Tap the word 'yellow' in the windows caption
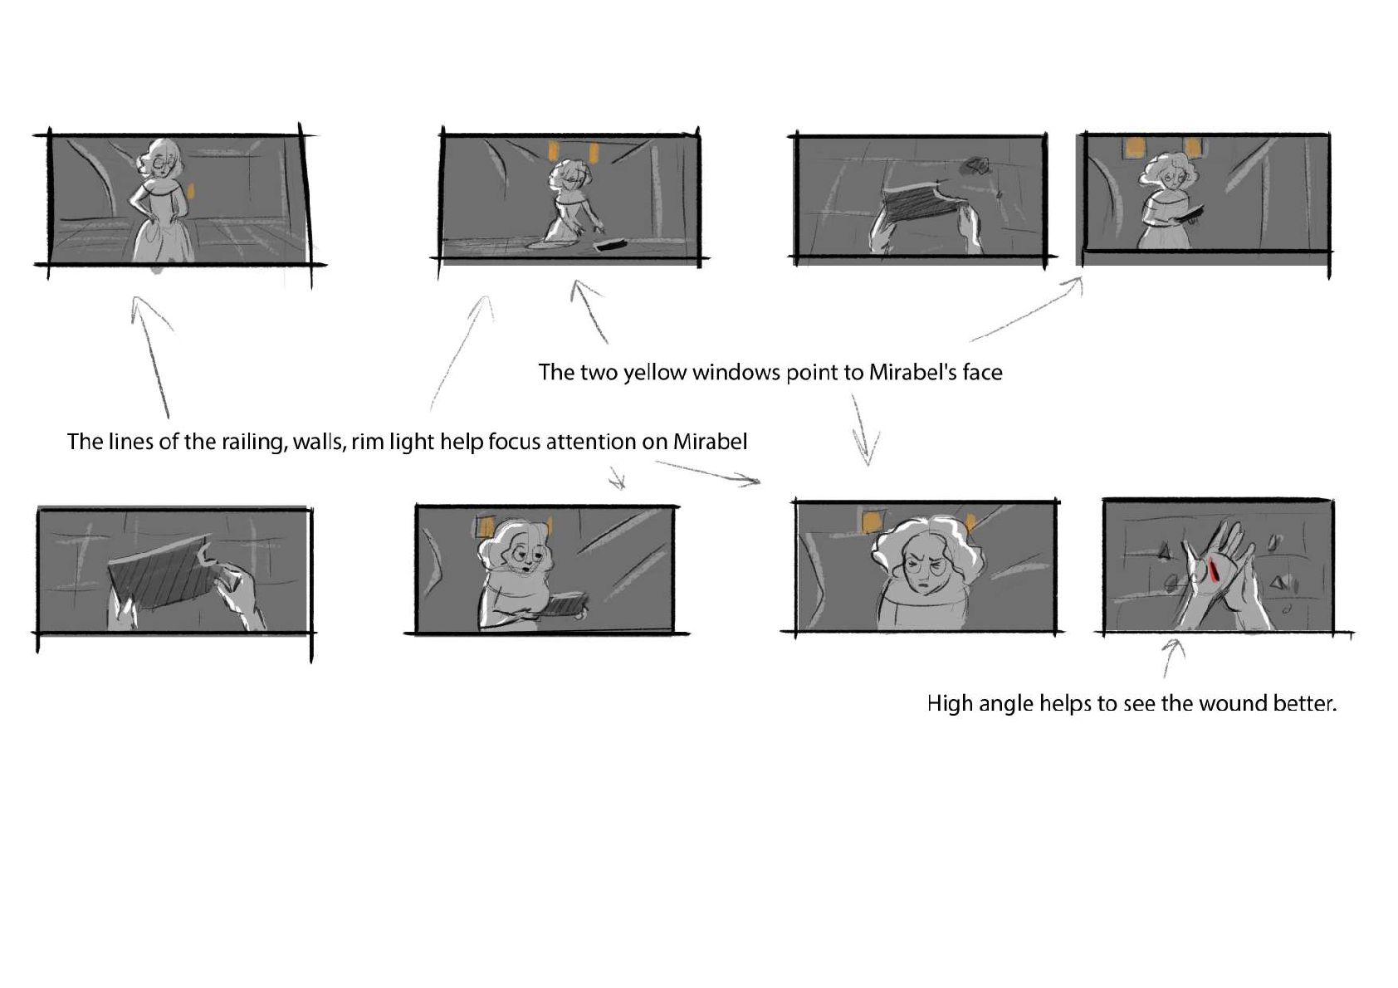click(x=655, y=373)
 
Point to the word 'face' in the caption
click(x=982, y=373)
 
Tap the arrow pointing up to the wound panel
click(x=1171, y=658)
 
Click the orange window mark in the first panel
click(x=193, y=191)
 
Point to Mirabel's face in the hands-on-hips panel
click(x=164, y=162)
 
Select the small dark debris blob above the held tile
click(x=976, y=165)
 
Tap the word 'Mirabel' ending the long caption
click(x=710, y=443)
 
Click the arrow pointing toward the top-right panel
click(x=1027, y=309)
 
